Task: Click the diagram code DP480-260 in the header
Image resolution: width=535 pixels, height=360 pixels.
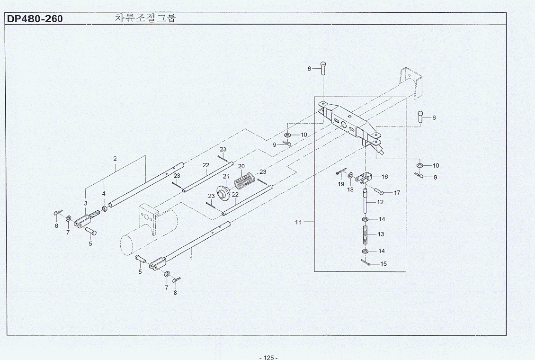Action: (x=34, y=19)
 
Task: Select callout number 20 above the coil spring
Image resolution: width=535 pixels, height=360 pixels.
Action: (x=241, y=166)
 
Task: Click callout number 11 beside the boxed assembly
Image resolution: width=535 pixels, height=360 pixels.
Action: (x=298, y=222)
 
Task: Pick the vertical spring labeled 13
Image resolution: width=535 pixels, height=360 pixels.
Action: (x=366, y=234)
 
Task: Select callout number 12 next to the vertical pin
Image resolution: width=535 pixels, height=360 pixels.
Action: (x=380, y=202)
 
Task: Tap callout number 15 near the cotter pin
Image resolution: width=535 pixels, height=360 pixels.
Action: (x=383, y=264)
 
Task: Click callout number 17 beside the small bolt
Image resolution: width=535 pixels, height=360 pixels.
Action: (x=397, y=193)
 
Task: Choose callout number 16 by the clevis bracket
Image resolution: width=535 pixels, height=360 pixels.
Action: (x=384, y=177)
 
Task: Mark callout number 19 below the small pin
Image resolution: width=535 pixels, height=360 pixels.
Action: (x=341, y=184)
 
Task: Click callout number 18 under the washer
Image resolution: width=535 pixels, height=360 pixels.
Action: (x=350, y=189)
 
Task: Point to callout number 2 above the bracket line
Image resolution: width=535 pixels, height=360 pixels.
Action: (x=115, y=159)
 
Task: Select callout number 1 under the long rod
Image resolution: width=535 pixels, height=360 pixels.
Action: (x=192, y=259)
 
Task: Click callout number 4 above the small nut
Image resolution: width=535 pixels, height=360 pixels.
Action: (x=104, y=194)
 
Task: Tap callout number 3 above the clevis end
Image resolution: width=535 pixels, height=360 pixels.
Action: (x=86, y=203)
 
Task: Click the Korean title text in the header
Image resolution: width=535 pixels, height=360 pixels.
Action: (x=145, y=18)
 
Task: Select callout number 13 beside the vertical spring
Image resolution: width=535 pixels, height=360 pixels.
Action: (x=381, y=234)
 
